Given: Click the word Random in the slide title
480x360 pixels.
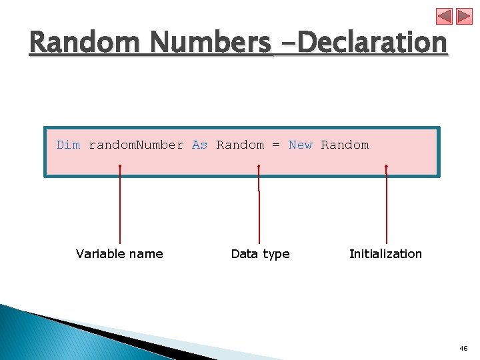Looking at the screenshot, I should [87, 43].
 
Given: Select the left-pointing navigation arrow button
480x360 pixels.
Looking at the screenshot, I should [444, 17].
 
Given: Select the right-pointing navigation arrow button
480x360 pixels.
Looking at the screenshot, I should [464, 17].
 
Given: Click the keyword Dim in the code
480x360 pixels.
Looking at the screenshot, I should [68, 145].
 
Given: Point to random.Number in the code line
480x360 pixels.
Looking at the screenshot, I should [136, 145].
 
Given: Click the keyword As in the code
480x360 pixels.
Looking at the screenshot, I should [199, 145].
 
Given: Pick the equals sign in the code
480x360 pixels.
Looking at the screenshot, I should [276, 145].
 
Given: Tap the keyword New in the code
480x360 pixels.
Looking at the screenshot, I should [300, 145].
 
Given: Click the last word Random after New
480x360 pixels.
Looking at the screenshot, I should [345, 145].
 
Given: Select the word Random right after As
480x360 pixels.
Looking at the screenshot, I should [240, 145].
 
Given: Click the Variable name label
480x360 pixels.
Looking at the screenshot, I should [119, 253].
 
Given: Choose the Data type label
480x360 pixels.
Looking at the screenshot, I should [260, 253].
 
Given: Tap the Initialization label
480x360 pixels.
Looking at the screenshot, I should [385, 253].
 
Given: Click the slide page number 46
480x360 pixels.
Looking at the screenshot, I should [464, 349].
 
